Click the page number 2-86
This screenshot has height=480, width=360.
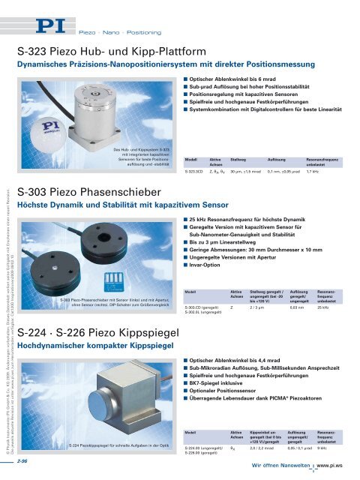click(x=25, y=461)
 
